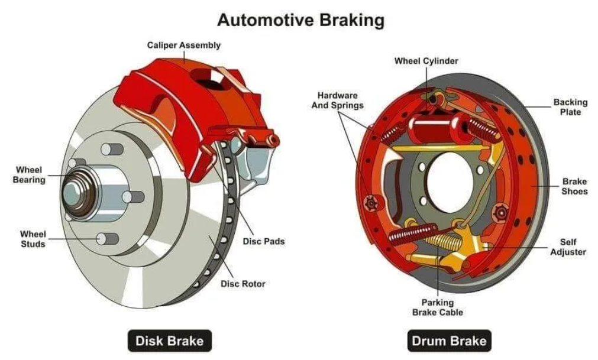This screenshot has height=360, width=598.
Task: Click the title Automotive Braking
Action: coord(300,20)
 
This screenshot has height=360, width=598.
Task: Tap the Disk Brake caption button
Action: coord(169,340)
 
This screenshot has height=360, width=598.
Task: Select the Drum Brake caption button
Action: coord(449,340)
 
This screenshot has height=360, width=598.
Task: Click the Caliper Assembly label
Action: coord(184,45)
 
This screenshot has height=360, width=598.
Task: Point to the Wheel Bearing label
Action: coord(29,175)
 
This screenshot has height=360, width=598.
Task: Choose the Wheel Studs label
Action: coord(33,239)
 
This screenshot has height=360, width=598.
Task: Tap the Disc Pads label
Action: coord(263,241)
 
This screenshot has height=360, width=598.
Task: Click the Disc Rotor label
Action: coord(243,284)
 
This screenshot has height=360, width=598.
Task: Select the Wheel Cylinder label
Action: coord(426,61)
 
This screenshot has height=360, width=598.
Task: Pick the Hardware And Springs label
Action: coord(338,100)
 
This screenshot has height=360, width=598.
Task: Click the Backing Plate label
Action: coord(570,107)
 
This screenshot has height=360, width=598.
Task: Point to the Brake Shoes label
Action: coord(574,187)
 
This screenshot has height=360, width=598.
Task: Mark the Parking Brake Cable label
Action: coord(438,307)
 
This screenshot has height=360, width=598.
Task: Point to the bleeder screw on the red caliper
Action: coord(273,140)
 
